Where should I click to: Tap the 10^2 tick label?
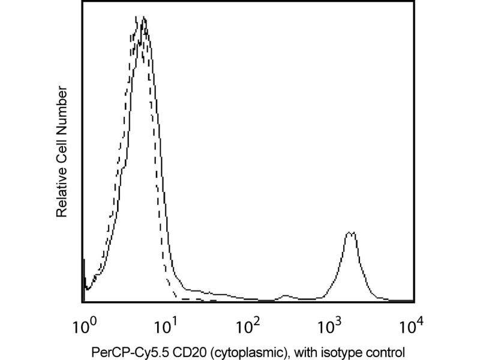(x=248, y=328)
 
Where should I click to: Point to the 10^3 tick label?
(x=330, y=328)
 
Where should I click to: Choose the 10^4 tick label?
(x=411, y=328)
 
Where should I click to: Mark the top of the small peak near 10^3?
(x=351, y=232)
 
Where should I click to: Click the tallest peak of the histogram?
(x=143, y=19)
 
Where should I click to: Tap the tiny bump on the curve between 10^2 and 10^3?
(x=286, y=295)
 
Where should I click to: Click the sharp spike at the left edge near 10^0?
(x=83, y=260)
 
